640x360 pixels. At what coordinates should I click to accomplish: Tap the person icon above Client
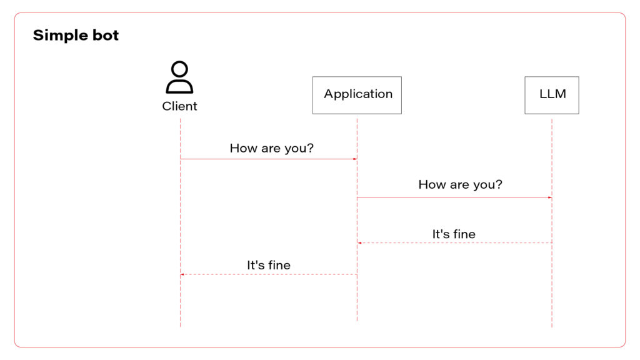[179, 77]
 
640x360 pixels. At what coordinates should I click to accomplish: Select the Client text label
[179, 106]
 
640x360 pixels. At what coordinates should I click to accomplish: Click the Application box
[357, 95]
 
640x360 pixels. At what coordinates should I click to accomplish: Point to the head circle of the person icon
[179, 69]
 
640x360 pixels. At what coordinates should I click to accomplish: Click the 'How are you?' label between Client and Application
[271, 148]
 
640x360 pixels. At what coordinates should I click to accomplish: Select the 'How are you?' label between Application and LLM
[460, 184]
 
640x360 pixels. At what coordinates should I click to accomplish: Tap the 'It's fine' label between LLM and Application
[454, 234]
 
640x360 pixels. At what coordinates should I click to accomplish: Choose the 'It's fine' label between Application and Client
[269, 265]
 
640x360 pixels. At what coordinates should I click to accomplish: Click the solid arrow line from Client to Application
[269, 159]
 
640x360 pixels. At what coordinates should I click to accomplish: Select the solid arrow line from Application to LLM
[454, 197]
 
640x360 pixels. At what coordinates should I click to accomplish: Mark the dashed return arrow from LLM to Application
[454, 242]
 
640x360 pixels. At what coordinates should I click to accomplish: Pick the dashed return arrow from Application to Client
[269, 274]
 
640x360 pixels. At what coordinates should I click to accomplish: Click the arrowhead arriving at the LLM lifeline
[549, 197]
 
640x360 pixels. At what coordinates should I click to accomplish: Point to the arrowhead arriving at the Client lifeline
[182, 274]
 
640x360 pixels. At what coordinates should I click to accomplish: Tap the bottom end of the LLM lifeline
[552, 325]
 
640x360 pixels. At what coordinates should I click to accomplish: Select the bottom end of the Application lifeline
[357, 319]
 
